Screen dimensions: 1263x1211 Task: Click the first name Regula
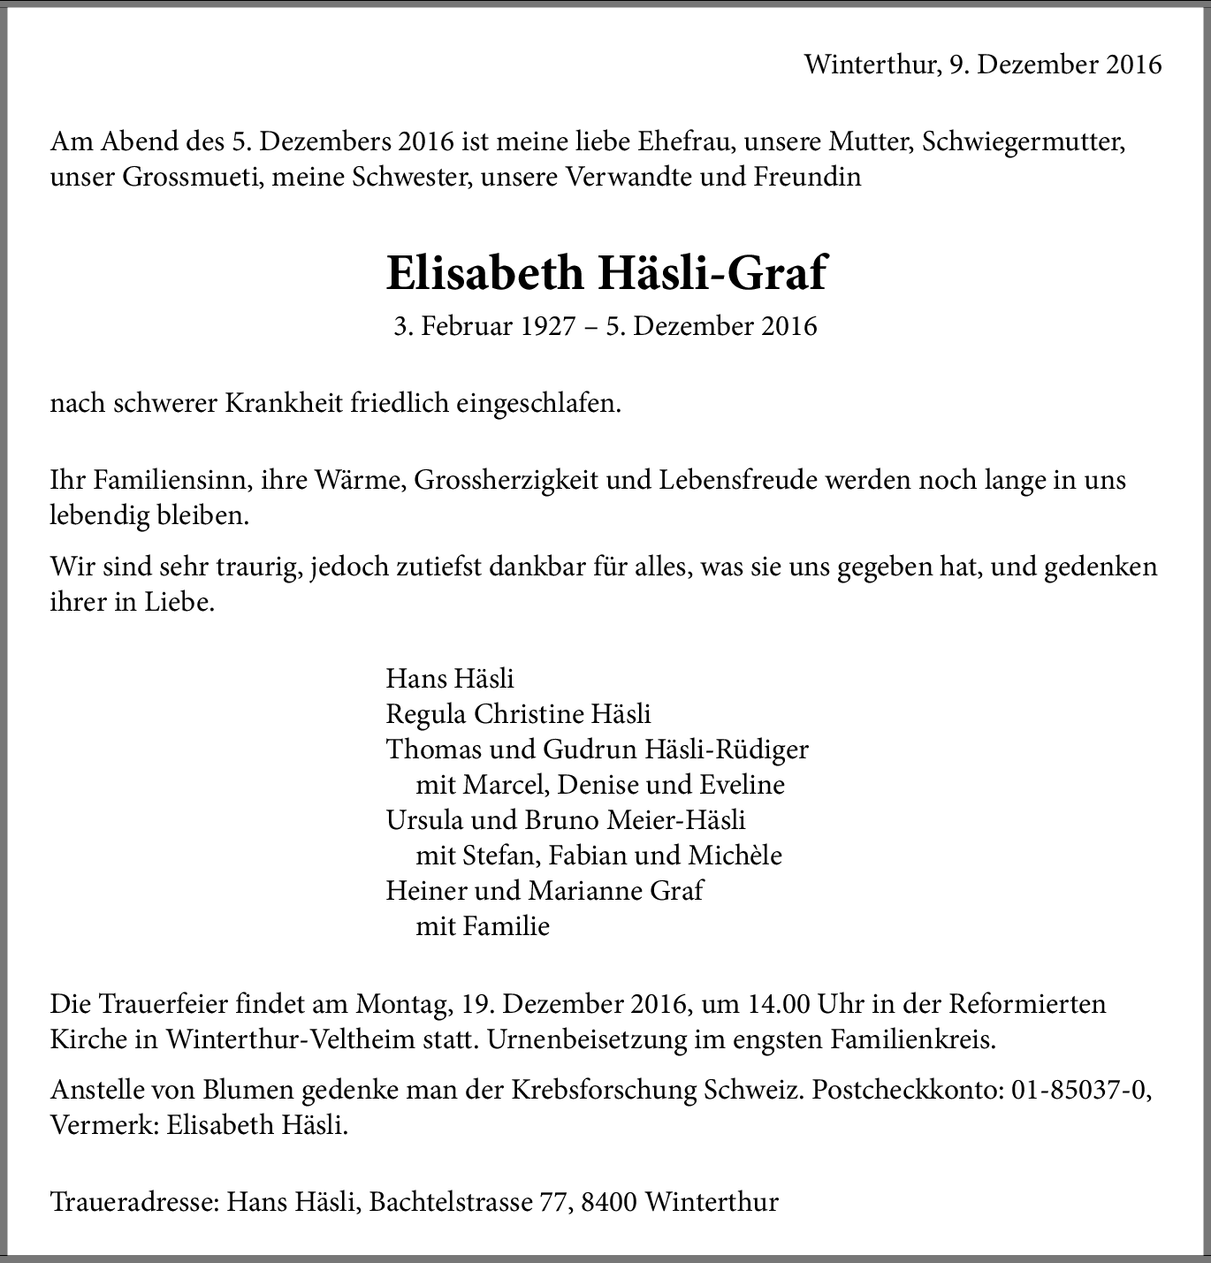pyautogui.click(x=425, y=714)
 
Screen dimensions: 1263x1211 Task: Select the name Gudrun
pyautogui.click(x=584, y=749)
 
